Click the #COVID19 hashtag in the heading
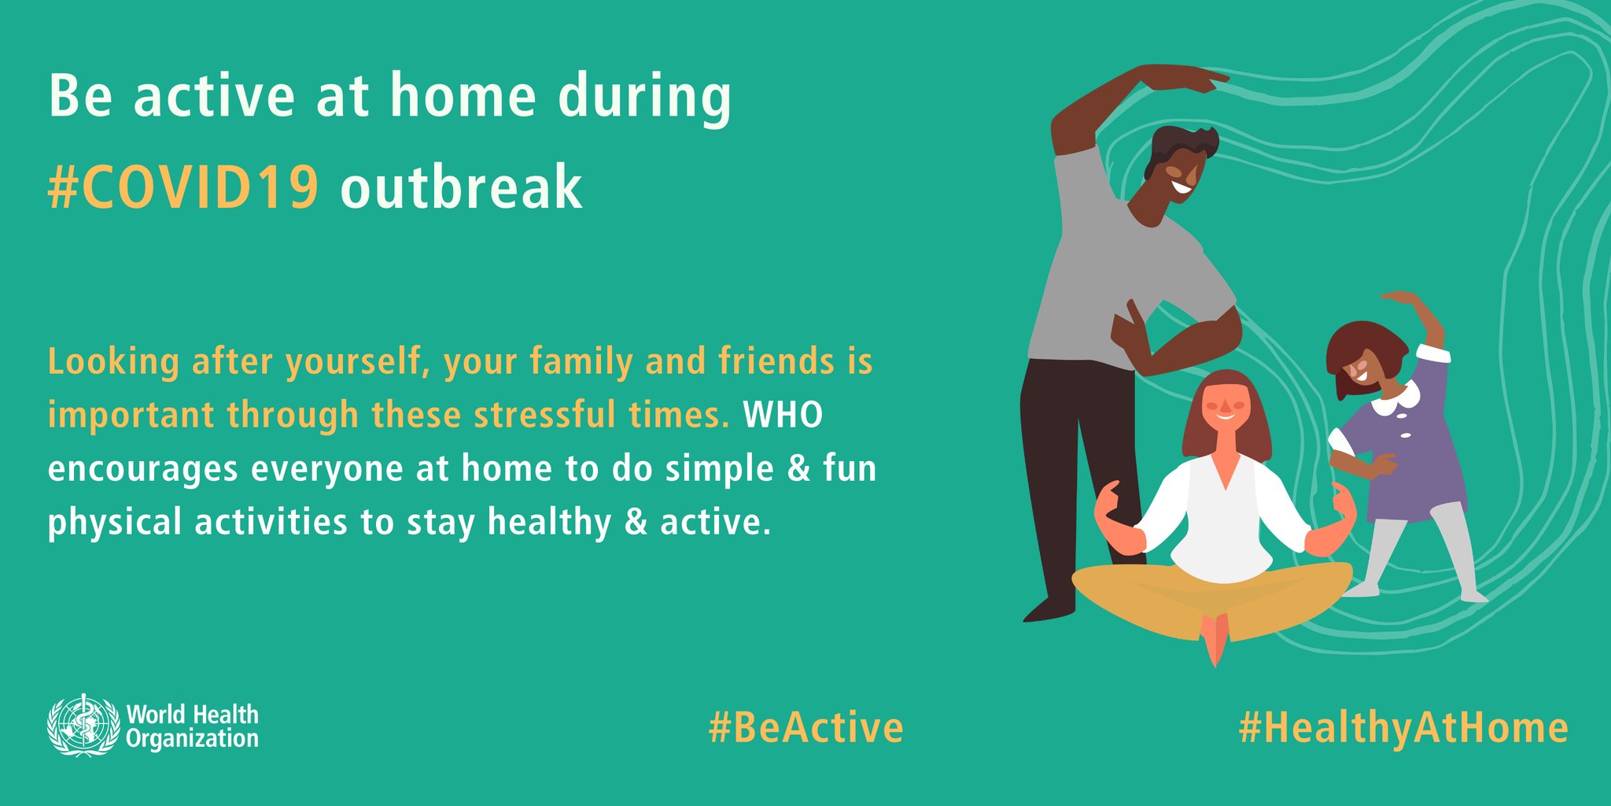tap(183, 187)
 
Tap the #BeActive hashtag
tap(805, 727)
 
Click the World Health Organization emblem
tap(83, 725)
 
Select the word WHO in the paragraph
tap(783, 415)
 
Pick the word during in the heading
tap(644, 98)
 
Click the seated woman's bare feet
tap(1215, 638)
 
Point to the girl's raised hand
tap(1400, 298)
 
